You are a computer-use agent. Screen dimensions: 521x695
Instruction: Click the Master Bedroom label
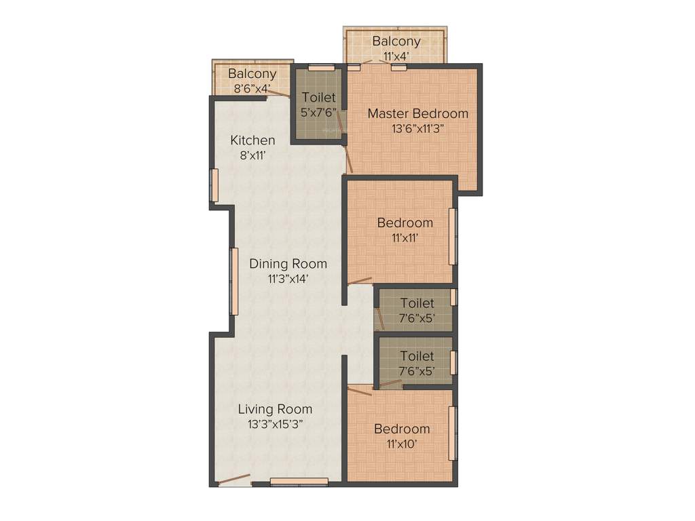pos(417,113)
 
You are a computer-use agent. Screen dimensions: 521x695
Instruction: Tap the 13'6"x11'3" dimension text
pos(417,128)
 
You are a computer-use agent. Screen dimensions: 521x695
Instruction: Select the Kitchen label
pos(252,140)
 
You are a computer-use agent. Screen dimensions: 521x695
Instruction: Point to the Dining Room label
pos(288,263)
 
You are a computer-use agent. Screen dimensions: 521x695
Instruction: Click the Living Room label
pos(275,409)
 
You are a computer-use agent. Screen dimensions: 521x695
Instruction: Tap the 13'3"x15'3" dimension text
pos(275,423)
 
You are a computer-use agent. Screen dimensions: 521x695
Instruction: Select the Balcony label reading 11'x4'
pos(396,41)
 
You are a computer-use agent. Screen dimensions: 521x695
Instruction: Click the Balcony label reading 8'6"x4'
pos(252,74)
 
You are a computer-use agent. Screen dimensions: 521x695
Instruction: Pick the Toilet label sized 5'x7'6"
pos(319,97)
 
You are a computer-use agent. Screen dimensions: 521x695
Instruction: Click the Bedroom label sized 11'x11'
pos(405,223)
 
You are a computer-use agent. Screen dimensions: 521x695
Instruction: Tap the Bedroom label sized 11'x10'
pos(402,429)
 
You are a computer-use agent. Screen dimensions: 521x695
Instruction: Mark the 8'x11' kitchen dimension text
pos(252,155)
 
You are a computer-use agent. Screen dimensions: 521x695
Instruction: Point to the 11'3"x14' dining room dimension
pos(288,277)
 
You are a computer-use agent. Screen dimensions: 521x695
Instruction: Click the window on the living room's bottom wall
pos(299,482)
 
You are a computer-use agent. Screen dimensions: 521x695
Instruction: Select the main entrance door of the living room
pos(234,481)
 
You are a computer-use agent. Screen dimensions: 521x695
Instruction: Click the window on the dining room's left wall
pos(234,282)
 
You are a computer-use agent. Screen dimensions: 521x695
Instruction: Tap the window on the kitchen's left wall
pos(214,185)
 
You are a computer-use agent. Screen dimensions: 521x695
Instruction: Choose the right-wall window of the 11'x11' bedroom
pos(453,237)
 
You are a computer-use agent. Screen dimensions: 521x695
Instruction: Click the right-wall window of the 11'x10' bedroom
pos(453,433)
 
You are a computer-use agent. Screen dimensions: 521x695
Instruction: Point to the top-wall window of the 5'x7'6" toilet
pos(321,67)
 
